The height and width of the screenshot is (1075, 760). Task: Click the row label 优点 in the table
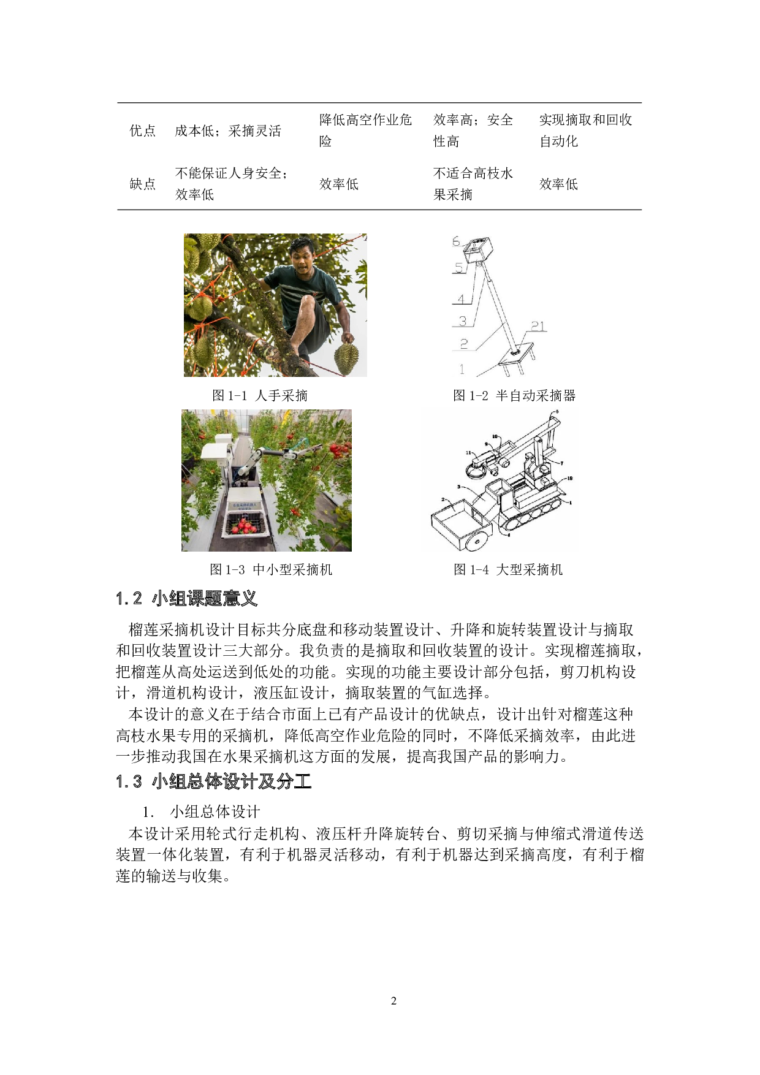(x=143, y=131)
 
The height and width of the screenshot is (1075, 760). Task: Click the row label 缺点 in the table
(x=143, y=184)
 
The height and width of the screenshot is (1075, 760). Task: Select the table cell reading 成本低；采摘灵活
(x=228, y=131)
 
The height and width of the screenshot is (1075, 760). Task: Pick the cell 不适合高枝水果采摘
(x=473, y=184)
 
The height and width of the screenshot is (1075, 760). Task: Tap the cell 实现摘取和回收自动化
(x=585, y=131)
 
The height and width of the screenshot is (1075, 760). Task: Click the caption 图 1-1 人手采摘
(x=260, y=395)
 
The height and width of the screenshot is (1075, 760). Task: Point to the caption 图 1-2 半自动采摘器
(x=514, y=395)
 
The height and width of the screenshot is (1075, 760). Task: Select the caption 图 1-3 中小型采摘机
(x=271, y=569)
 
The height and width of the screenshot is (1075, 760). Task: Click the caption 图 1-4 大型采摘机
(x=508, y=569)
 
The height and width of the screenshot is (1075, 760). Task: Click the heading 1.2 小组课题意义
(x=186, y=598)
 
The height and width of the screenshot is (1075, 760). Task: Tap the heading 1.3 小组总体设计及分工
(x=213, y=781)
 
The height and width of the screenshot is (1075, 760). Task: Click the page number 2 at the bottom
(x=393, y=1001)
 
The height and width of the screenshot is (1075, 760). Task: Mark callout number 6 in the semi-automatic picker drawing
(x=456, y=241)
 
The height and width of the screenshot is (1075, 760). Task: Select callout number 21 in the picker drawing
(x=538, y=326)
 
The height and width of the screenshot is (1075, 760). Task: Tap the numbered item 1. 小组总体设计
(x=202, y=812)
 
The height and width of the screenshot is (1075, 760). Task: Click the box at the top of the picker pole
(x=479, y=250)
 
